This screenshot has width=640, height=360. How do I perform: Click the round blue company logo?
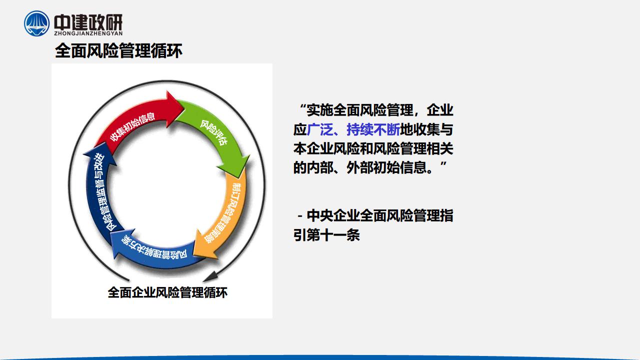(x=36, y=23)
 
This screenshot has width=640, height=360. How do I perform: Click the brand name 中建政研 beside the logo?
(x=88, y=22)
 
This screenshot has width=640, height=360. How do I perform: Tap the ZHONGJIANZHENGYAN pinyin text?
(x=88, y=33)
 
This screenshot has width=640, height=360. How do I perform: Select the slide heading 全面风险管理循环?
(x=118, y=51)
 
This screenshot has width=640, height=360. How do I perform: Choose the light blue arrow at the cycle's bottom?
(x=154, y=251)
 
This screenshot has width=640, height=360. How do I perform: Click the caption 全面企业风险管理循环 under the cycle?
(x=167, y=292)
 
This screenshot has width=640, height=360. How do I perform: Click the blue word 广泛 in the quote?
(x=319, y=129)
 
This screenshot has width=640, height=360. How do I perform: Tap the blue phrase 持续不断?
(x=373, y=129)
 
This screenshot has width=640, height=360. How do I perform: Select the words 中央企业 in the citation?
(x=333, y=215)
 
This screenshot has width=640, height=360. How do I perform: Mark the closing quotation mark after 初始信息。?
(x=443, y=164)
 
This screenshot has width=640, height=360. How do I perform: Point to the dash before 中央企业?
(x=299, y=216)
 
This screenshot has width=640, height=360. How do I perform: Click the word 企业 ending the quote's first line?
(x=440, y=110)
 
